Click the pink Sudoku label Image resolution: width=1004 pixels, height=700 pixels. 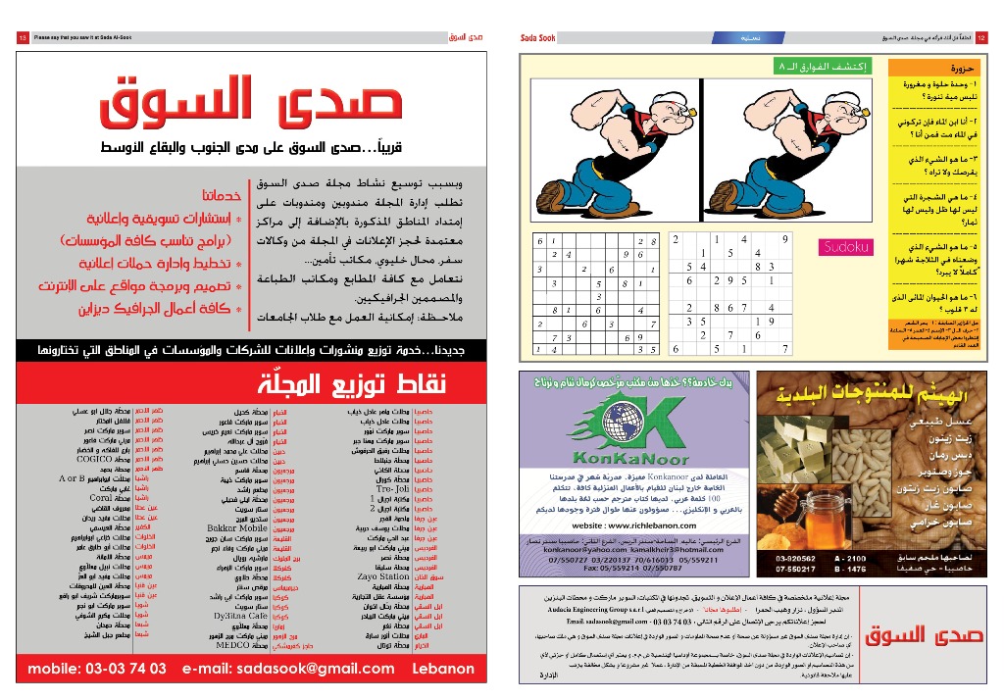point(845,247)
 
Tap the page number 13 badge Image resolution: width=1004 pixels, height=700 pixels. point(22,37)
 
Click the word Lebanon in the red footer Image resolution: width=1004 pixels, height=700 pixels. point(446,669)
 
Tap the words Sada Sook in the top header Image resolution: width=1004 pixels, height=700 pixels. point(539,37)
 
